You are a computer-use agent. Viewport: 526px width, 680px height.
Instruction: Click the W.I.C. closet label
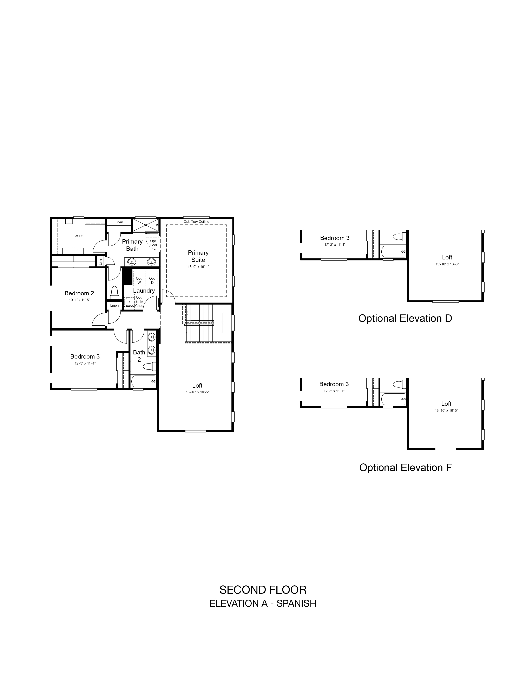click(79, 236)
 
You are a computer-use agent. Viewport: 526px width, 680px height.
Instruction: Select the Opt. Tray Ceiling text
click(196, 222)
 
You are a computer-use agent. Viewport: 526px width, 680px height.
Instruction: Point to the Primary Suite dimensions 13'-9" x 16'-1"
click(198, 267)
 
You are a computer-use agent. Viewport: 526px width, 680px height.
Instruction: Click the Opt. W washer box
click(139, 278)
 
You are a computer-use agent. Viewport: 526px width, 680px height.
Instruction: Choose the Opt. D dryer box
click(152, 278)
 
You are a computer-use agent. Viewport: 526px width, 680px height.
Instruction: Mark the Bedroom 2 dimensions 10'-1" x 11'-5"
click(79, 300)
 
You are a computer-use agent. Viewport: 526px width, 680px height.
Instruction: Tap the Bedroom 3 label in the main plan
click(85, 356)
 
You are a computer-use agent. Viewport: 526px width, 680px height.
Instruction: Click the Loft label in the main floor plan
click(197, 386)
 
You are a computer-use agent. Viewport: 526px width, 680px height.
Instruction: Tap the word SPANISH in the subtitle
click(296, 603)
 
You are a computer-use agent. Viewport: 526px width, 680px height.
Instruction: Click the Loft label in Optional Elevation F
click(446, 403)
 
